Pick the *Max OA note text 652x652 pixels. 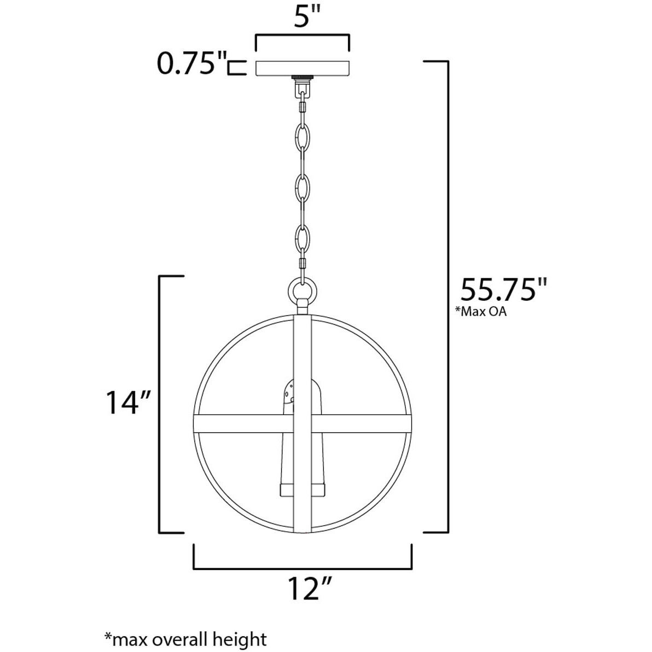(476, 313)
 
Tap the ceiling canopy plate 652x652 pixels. (302, 67)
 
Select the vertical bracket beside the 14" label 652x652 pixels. (160, 404)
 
